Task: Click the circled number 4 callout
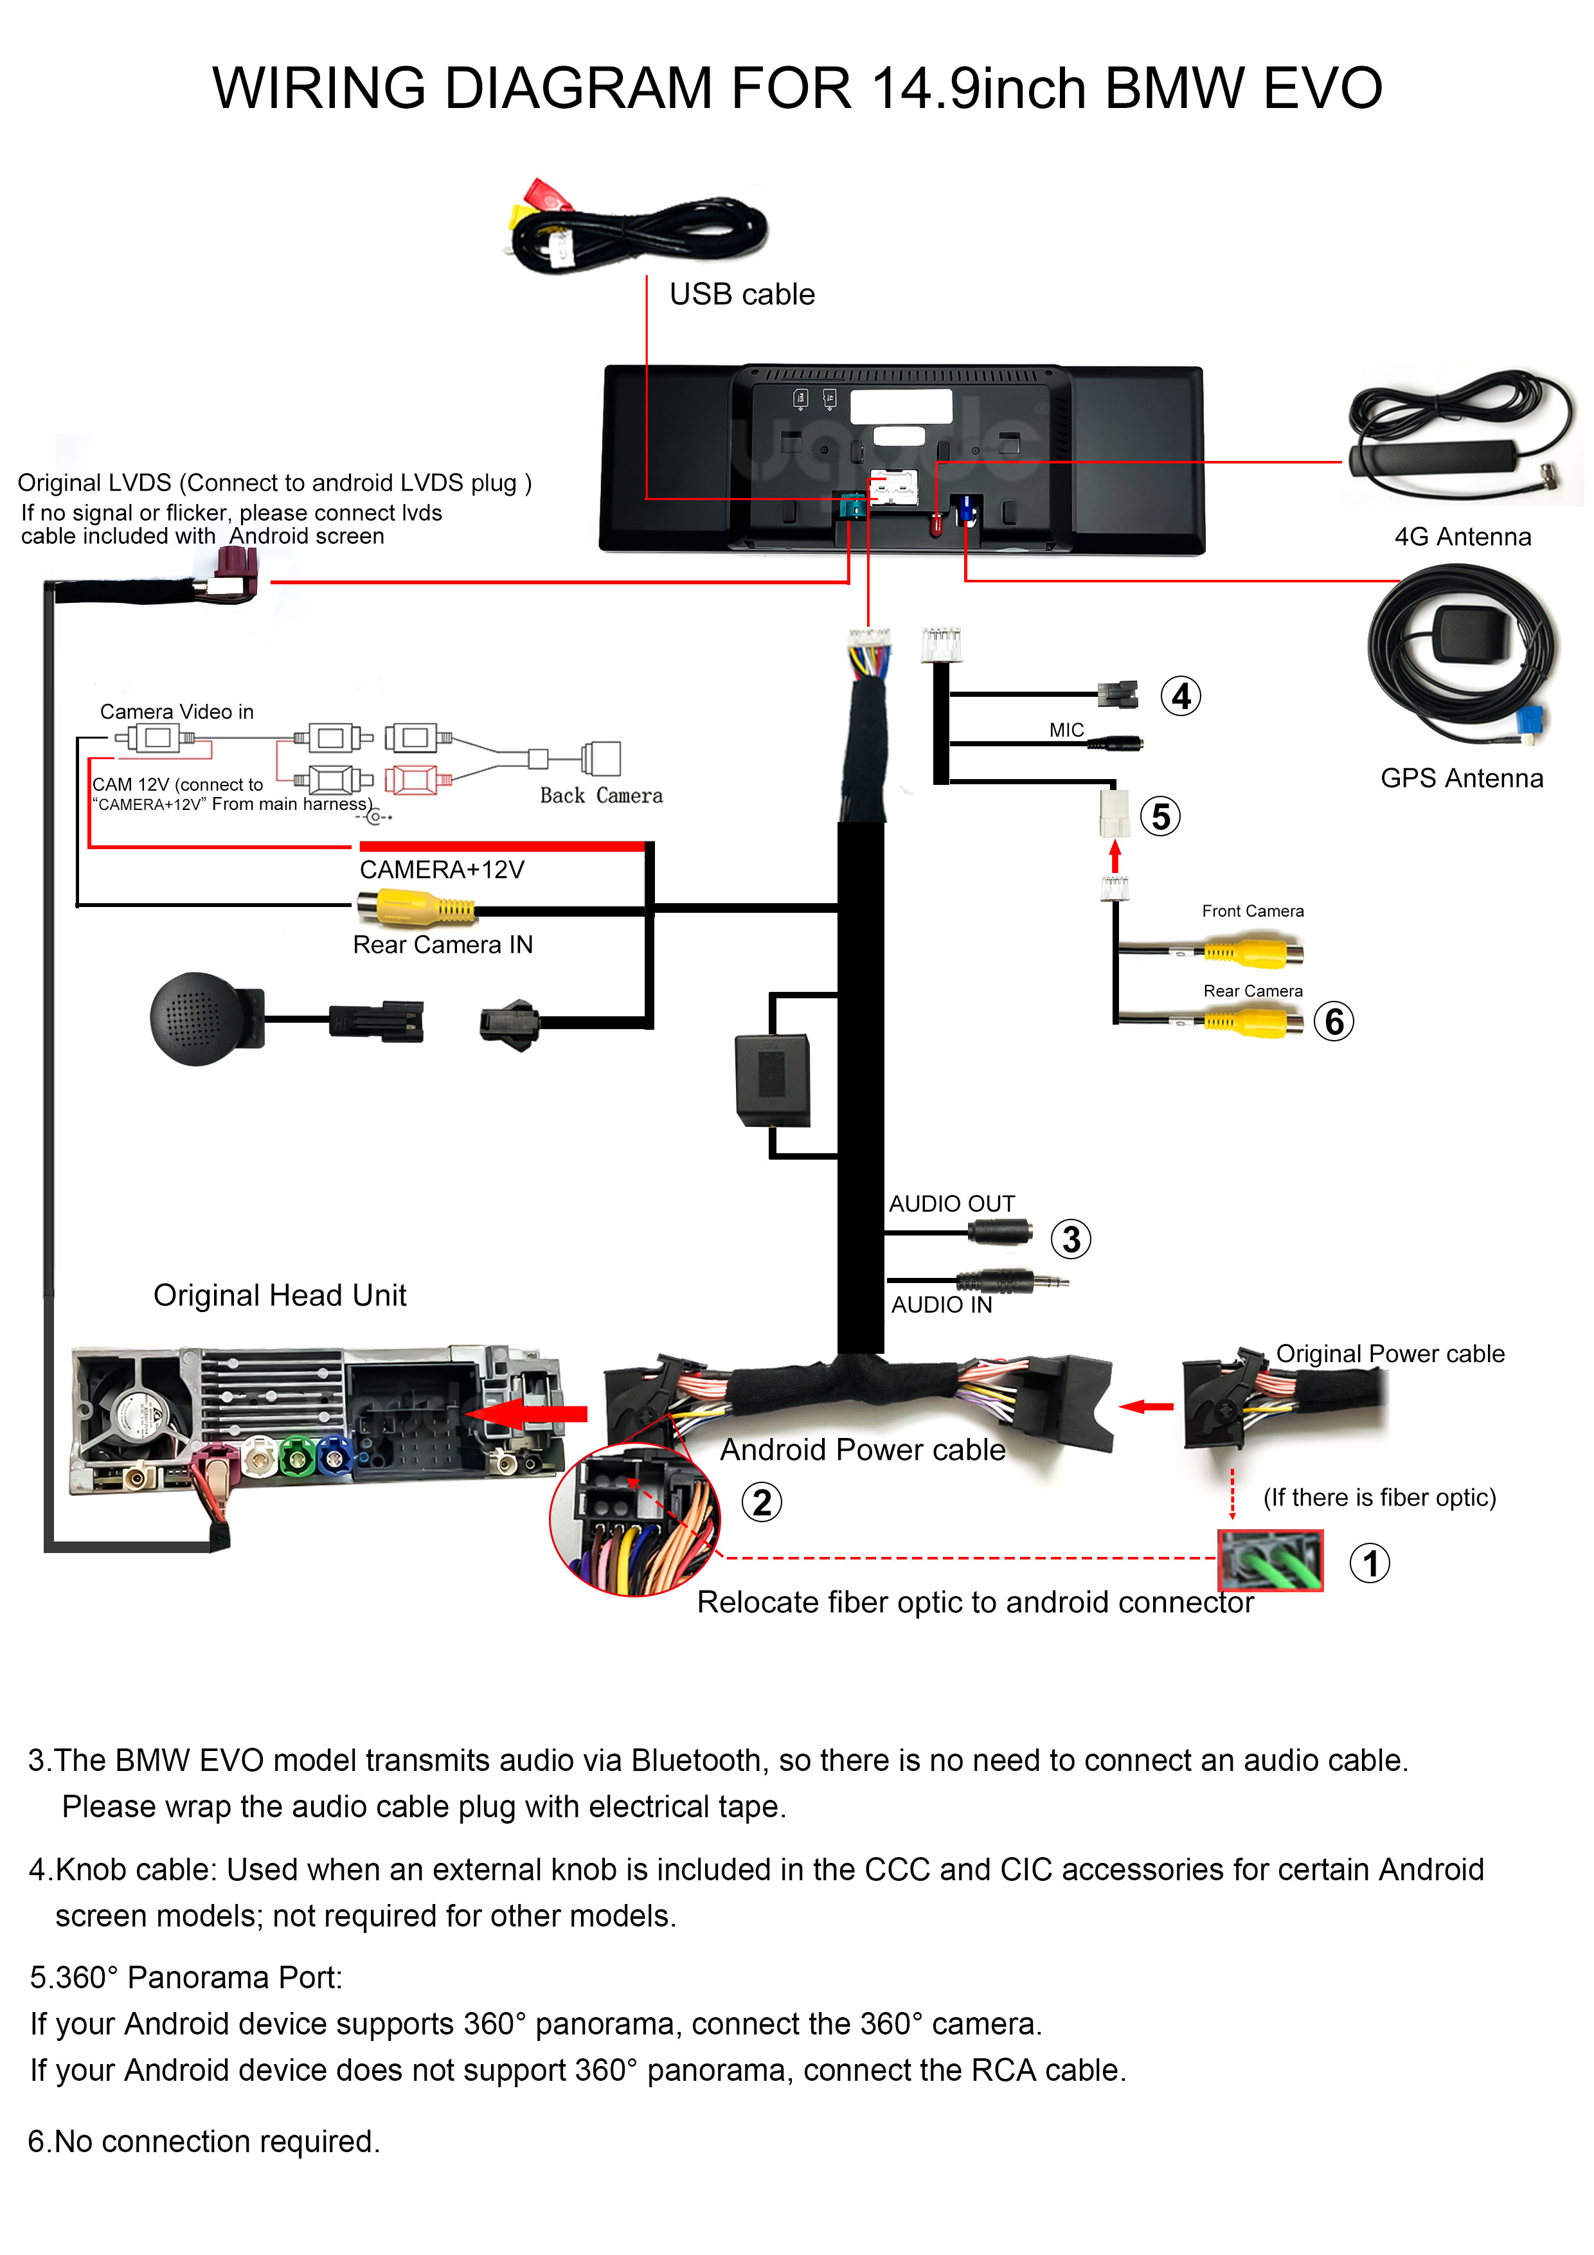1181,696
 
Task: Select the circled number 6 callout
1334,1021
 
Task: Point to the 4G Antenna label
1462,536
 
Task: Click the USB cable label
742,294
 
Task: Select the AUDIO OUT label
951,1203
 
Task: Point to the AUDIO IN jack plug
1012,1280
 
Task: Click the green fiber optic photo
1270,1559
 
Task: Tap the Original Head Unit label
280,1295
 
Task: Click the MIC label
1066,730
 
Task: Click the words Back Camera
601,796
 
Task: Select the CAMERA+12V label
442,869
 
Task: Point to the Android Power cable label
863,1450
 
